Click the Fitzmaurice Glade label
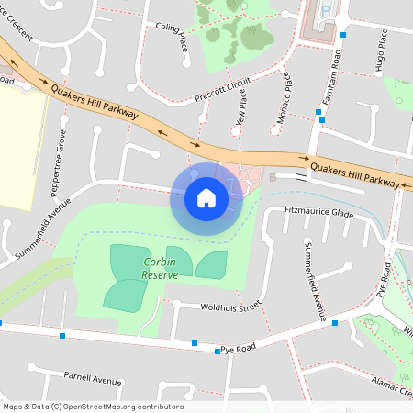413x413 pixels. click(319, 213)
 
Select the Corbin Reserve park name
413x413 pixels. click(159, 268)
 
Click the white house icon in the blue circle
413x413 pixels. click(206, 197)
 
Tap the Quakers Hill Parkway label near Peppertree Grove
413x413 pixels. click(95, 102)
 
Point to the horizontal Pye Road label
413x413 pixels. click(236, 350)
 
